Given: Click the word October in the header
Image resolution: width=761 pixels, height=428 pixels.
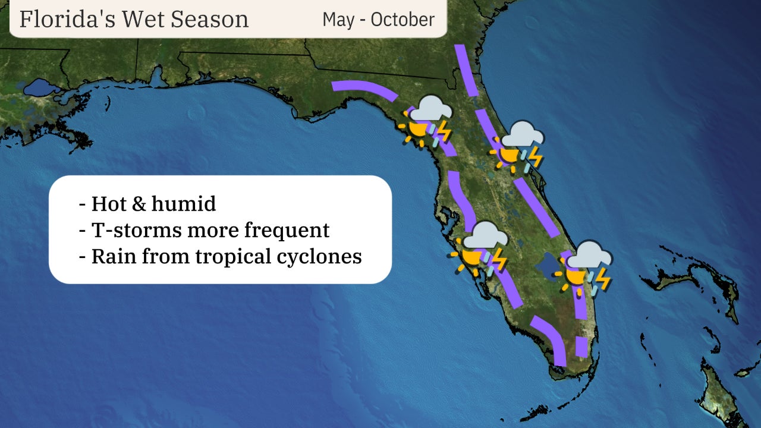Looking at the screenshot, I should (402, 19).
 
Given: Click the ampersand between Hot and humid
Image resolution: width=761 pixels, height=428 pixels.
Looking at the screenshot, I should (137, 204).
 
